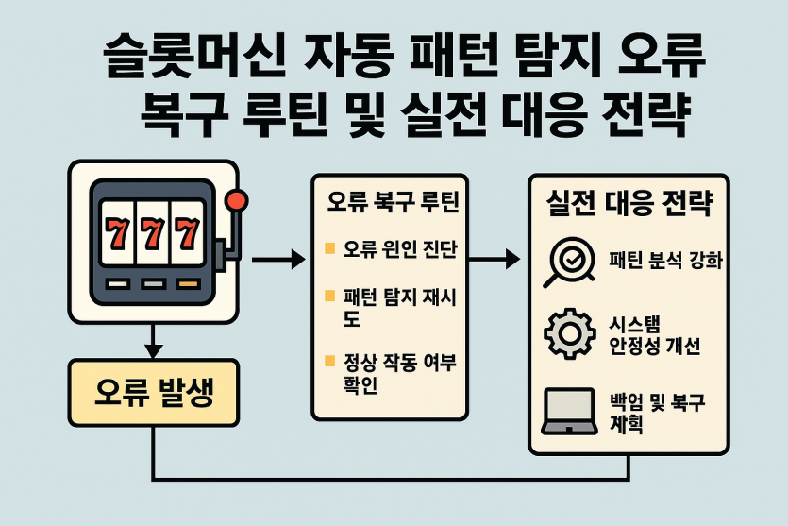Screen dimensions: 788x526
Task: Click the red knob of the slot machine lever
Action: (x=236, y=201)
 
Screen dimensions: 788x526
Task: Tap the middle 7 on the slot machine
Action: (x=153, y=233)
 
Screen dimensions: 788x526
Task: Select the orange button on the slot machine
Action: (x=188, y=284)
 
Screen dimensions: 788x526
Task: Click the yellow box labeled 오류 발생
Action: (x=153, y=393)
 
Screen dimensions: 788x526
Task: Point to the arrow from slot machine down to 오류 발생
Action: (x=153, y=341)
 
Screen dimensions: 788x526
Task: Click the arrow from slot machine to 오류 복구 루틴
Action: (x=278, y=260)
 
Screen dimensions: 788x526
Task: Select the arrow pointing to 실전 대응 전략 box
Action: (x=494, y=260)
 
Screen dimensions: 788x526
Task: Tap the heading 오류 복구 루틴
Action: (x=393, y=202)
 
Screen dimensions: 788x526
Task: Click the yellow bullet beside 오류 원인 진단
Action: (x=329, y=248)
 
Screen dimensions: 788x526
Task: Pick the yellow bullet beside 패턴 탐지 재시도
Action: (x=329, y=296)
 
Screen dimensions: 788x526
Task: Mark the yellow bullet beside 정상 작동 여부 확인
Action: (x=329, y=361)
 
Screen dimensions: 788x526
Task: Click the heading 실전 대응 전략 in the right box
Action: (x=629, y=203)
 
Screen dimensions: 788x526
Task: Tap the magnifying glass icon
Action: (x=569, y=262)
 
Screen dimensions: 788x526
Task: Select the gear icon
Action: (x=569, y=333)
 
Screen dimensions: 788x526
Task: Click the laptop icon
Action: (x=569, y=411)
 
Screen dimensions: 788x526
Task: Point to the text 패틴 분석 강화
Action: (x=665, y=260)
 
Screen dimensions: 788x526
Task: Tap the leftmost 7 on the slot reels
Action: (x=118, y=233)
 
